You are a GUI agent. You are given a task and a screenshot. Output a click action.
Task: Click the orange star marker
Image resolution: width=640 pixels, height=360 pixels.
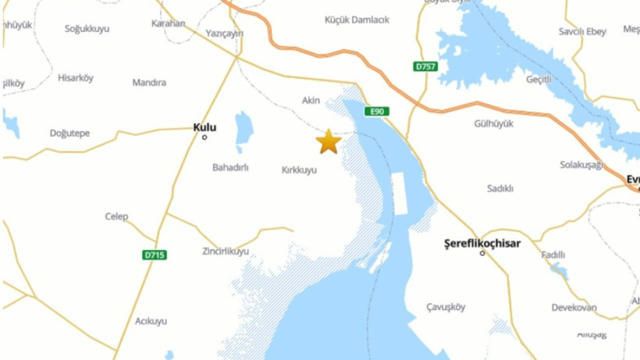tap(328, 141)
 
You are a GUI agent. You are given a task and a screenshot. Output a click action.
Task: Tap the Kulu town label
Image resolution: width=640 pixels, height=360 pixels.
tap(204, 127)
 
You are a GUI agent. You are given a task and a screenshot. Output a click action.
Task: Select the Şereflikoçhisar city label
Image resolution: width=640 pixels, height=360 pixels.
tap(482, 243)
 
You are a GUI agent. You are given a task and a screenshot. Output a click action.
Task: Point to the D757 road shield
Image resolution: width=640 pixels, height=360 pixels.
tap(425, 66)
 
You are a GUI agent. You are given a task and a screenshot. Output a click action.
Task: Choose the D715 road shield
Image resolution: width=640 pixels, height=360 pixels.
tap(155, 255)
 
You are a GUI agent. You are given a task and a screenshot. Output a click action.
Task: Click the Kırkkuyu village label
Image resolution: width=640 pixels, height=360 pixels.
tap(299, 169)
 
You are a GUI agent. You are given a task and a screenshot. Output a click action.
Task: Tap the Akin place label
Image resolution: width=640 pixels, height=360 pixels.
tap(311, 100)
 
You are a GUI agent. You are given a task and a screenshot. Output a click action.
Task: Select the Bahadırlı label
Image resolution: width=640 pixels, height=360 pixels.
tap(230, 167)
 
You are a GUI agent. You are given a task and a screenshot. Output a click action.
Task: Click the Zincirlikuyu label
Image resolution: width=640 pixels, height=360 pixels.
tap(226, 251)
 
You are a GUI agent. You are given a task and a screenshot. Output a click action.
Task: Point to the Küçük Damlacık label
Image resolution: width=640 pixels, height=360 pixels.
tap(357, 20)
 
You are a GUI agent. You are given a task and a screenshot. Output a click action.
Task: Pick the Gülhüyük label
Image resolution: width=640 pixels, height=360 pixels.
tap(493, 123)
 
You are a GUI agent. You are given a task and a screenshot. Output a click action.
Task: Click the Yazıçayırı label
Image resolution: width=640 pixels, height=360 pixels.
tap(225, 34)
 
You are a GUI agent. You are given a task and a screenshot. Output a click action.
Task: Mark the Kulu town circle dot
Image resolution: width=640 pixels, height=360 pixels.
tap(204, 137)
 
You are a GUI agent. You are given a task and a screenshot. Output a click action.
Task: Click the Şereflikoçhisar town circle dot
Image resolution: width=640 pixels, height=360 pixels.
tap(482, 253)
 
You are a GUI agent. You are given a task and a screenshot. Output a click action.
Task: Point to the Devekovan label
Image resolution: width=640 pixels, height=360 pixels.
tap(574, 308)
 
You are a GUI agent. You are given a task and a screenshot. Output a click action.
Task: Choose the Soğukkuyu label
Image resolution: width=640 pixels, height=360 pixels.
tap(87, 29)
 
